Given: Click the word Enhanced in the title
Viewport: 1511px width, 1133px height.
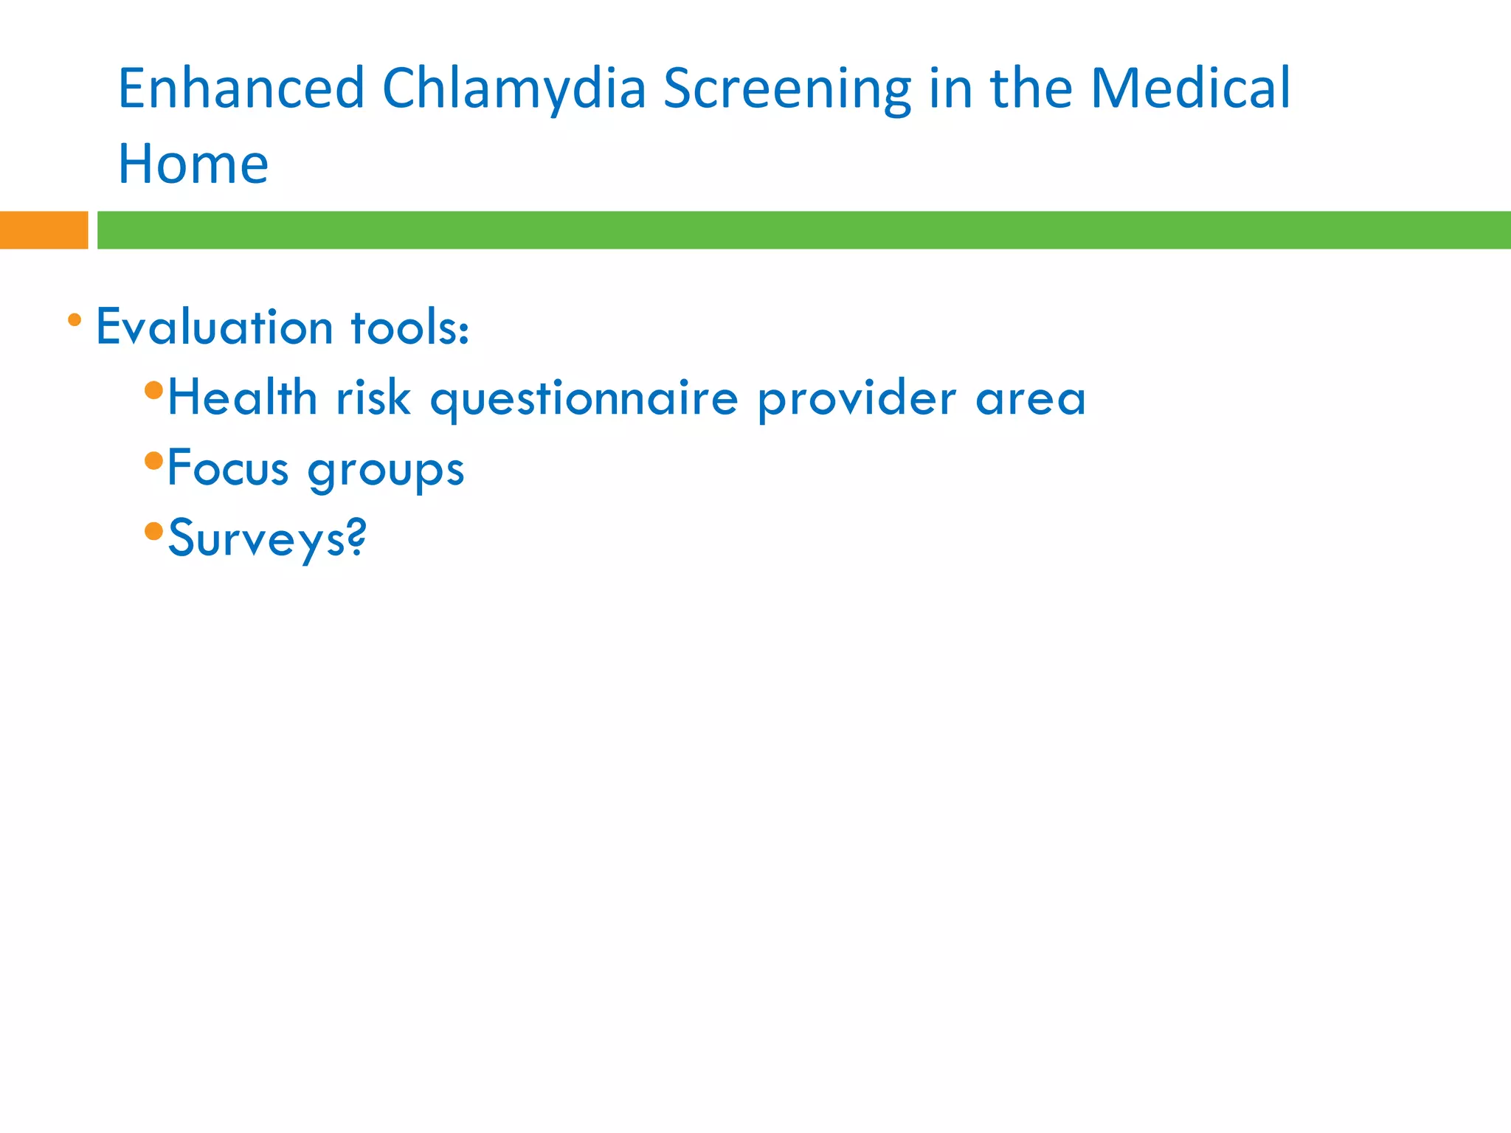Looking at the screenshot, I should (241, 89).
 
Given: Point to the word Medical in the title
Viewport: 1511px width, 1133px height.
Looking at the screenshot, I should (1190, 89).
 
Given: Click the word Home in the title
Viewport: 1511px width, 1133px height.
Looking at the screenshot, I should (193, 164).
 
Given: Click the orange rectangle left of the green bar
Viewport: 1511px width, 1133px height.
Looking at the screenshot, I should (44, 230).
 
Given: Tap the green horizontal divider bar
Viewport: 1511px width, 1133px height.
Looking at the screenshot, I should (803, 230).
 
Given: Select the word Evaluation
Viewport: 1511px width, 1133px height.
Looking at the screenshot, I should (215, 327).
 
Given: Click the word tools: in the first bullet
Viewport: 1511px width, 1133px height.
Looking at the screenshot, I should (410, 327).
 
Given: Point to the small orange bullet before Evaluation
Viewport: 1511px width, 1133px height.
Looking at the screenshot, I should (75, 320).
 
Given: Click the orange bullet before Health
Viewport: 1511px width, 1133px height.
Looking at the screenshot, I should (153, 389).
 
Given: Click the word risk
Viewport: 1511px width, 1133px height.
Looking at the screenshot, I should (373, 398).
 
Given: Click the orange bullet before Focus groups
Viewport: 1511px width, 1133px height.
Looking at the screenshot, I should (153, 461).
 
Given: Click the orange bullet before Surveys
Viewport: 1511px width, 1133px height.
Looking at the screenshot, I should (153, 531).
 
